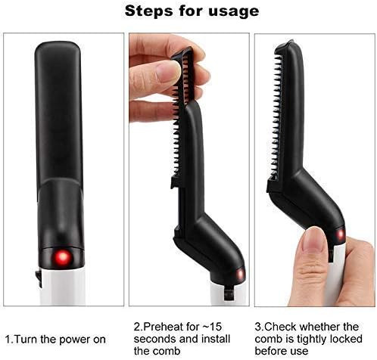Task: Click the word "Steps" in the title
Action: (x=148, y=11)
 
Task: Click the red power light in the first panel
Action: (x=62, y=258)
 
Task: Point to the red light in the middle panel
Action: (x=240, y=275)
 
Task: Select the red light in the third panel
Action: (x=340, y=235)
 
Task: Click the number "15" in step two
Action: (x=215, y=327)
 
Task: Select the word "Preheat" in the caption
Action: (x=164, y=327)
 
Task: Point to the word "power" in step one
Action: (x=75, y=340)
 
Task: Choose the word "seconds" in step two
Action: (x=152, y=339)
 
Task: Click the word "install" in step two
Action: (x=214, y=339)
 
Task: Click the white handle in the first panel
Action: (x=63, y=285)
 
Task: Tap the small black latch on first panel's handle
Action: (x=39, y=278)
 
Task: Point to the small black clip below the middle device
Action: (x=229, y=293)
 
